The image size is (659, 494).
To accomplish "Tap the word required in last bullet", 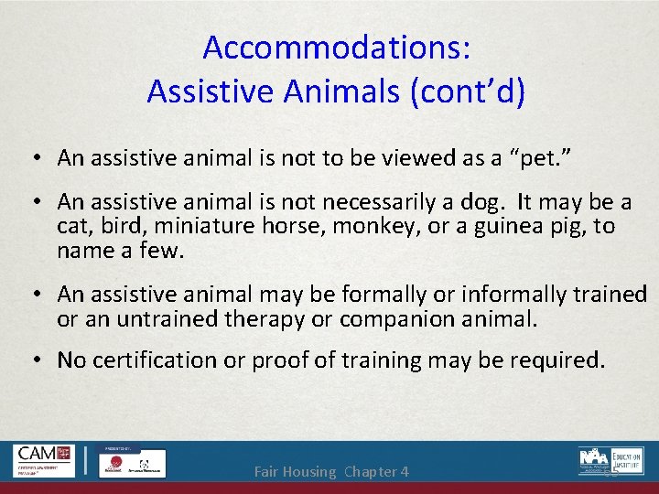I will click(x=556, y=360).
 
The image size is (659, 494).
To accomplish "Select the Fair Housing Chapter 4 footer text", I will click(x=330, y=472).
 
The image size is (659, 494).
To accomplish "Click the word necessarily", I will click(x=356, y=200).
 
